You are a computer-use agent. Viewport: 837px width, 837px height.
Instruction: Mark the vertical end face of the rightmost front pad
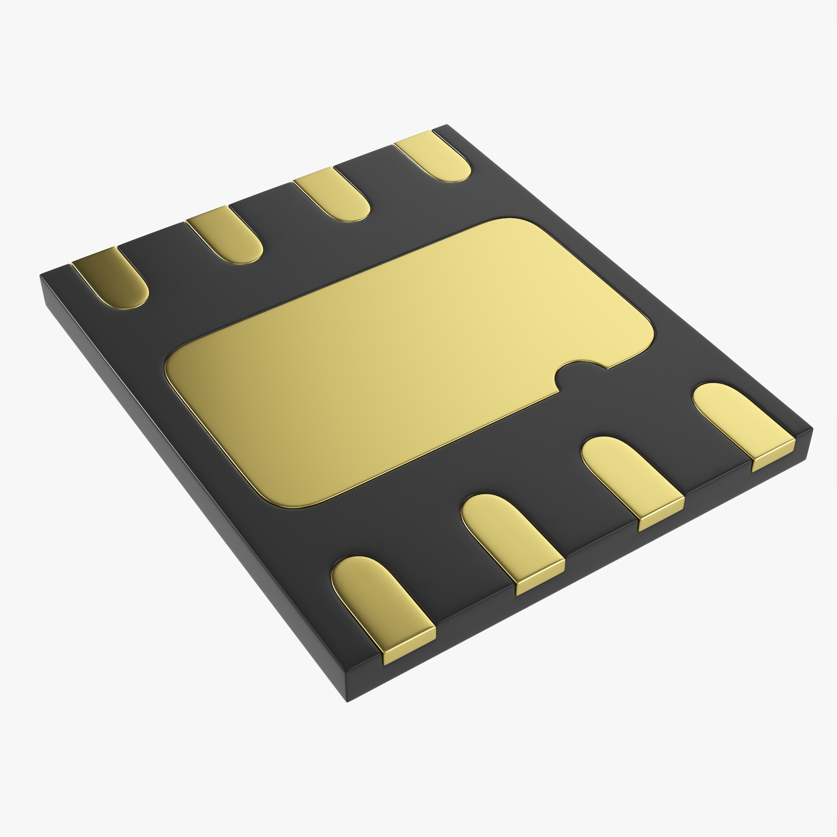click(x=774, y=455)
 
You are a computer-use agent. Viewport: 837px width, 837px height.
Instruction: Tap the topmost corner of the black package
click(x=446, y=125)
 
